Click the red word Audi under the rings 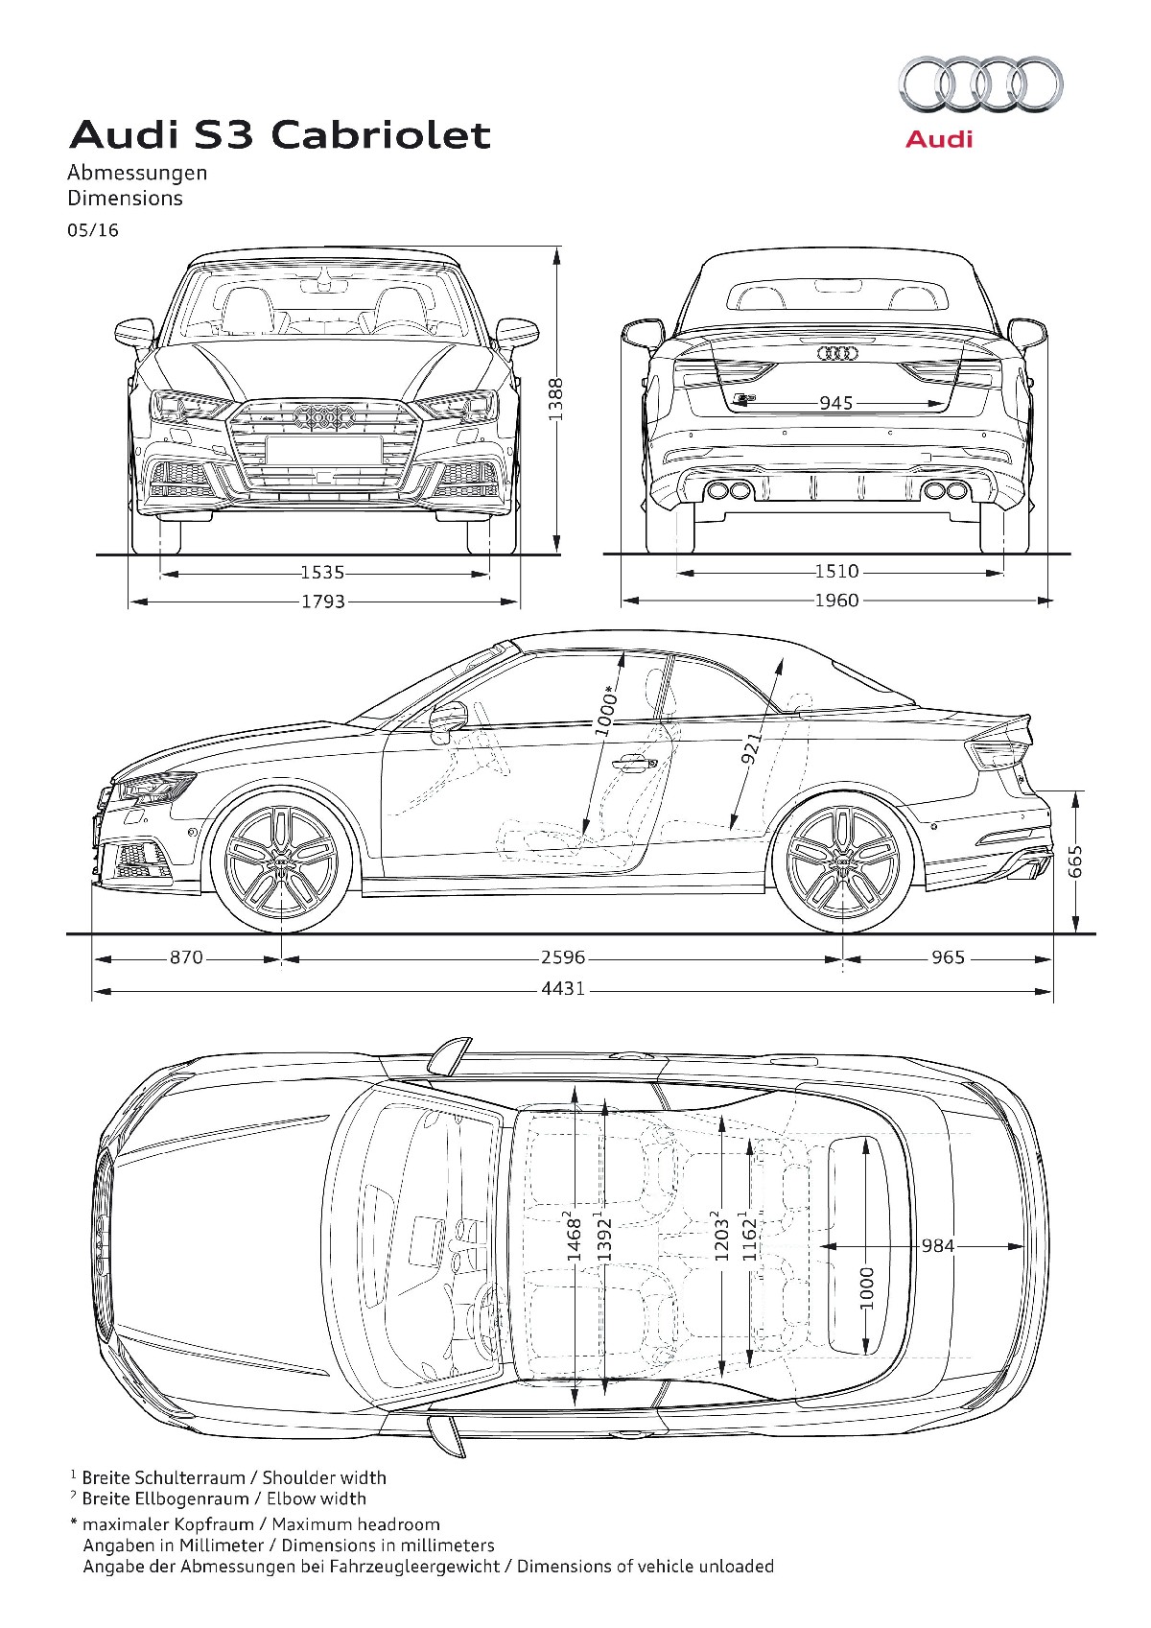[x=939, y=140]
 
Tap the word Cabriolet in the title [x=381, y=134]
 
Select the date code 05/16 [x=93, y=230]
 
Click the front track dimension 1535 [x=322, y=573]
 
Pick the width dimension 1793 [x=322, y=602]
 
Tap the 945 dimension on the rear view [x=836, y=403]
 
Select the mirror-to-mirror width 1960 [x=836, y=601]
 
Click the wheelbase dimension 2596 [x=563, y=957]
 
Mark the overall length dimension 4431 [x=563, y=988]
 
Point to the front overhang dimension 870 [x=186, y=957]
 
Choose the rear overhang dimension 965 [x=948, y=957]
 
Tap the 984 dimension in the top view [x=937, y=1245]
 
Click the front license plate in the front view [x=324, y=450]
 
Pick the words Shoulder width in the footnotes [x=324, y=1477]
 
